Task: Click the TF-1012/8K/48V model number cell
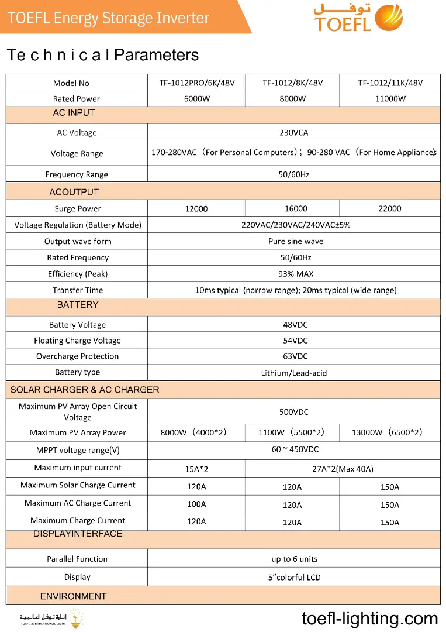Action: click(x=292, y=83)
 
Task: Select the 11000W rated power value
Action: click(x=390, y=99)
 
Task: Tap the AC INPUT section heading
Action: click(x=74, y=113)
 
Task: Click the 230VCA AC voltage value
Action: click(x=293, y=133)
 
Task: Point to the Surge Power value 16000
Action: click(x=292, y=209)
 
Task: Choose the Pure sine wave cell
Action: click(x=296, y=242)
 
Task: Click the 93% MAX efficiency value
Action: click(x=296, y=274)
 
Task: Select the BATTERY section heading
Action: click(x=78, y=305)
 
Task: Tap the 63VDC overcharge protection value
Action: click(x=295, y=356)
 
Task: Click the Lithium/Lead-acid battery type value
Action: click(x=294, y=373)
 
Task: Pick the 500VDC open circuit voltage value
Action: click(x=293, y=412)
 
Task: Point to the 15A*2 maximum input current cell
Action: click(x=196, y=469)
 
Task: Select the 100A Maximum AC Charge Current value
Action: click(x=196, y=504)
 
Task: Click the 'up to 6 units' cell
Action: click(x=295, y=559)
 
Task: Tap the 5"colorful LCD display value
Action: click(x=295, y=578)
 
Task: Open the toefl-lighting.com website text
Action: click(x=370, y=619)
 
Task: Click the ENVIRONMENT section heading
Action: click(x=74, y=596)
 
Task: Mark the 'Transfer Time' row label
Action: click(x=78, y=290)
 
